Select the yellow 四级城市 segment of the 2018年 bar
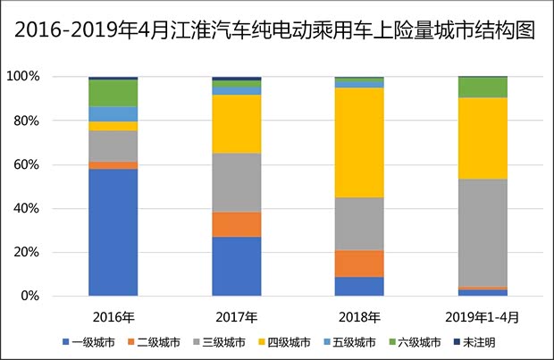[359, 142]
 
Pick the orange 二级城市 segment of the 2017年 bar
[236, 224]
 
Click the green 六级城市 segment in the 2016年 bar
[113, 93]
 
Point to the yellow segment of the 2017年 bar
[236, 123]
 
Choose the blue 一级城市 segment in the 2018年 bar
[359, 286]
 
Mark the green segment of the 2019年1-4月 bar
[483, 87]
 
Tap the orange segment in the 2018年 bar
[359, 264]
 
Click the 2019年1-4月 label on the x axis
[483, 316]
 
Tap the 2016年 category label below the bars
[113, 316]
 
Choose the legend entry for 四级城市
[285, 342]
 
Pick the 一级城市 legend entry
[89, 342]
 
